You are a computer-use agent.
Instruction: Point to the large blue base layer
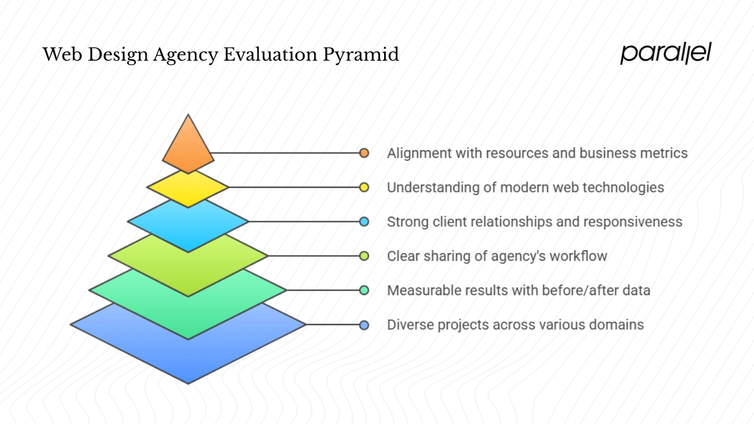[x=188, y=353]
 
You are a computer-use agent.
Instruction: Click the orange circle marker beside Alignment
[x=364, y=153]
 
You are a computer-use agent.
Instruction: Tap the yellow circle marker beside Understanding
[x=364, y=187]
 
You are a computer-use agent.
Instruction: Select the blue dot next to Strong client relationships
[x=364, y=221]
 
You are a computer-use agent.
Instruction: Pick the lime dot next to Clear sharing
[x=364, y=256]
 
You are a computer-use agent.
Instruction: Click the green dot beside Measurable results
[x=364, y=290]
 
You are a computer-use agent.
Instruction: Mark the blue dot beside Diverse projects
[x=364, y=324]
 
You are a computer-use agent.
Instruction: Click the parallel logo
[x=666, y=53]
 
